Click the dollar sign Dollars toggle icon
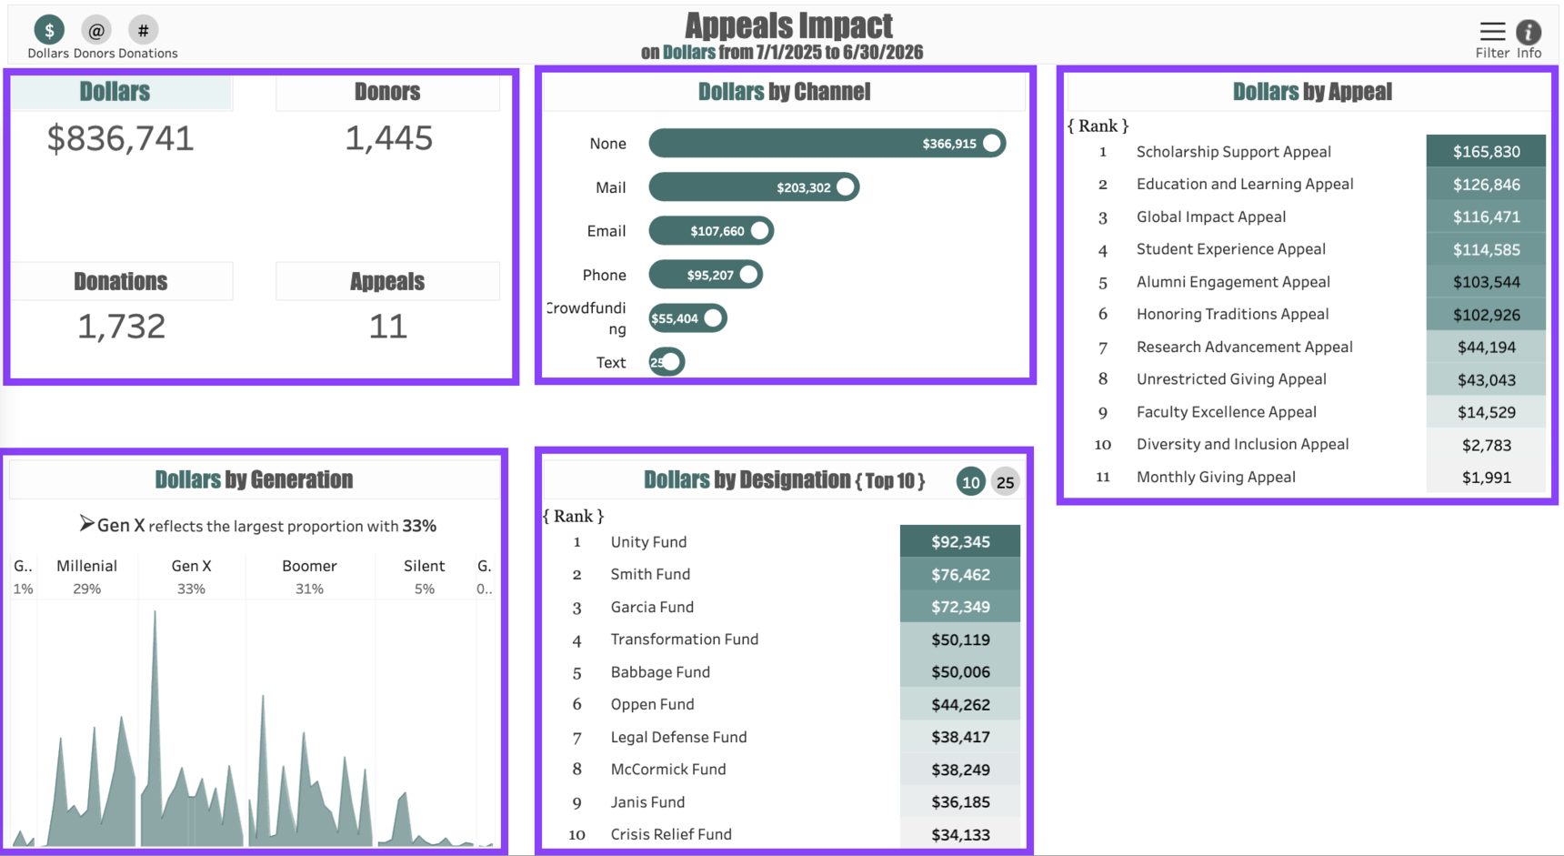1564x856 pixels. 49,30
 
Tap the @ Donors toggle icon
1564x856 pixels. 95,30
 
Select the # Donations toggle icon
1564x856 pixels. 143,30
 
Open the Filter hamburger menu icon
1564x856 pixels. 1492,32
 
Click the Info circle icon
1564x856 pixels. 1529,32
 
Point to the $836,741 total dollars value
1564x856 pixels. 121,138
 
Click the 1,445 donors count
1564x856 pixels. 388,138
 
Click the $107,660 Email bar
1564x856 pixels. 710,231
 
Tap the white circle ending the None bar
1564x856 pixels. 992,143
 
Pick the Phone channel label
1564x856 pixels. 604,275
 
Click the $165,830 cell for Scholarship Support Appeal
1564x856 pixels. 1486,152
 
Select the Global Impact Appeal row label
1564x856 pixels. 1210,217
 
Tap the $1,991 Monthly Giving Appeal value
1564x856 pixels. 1486,478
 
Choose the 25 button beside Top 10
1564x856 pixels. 1005,482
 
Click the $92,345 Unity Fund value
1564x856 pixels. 960,542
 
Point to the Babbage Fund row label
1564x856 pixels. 660,672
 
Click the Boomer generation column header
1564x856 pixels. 309,566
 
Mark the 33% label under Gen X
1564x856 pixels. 191,589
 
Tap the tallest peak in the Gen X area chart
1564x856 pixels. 155,613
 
